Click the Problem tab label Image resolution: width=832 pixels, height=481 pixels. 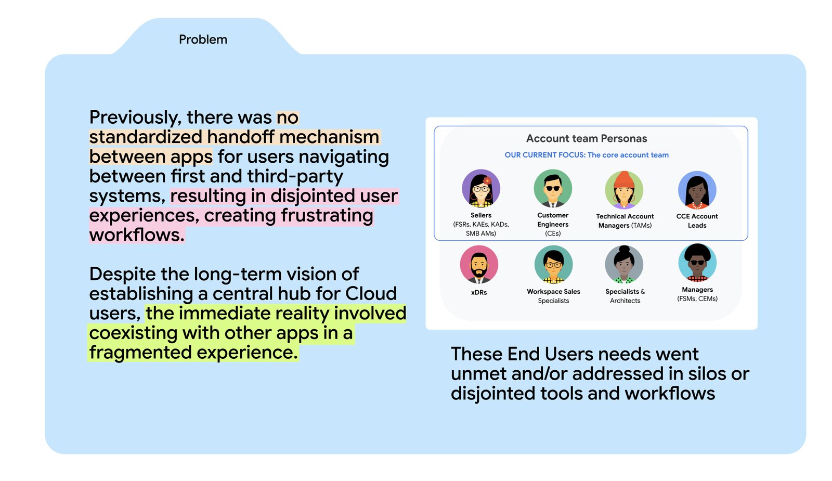203,40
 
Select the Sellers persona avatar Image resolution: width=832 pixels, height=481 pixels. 481,188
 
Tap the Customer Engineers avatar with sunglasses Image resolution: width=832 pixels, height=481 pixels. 553,188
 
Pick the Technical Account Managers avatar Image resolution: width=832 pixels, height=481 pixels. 624,189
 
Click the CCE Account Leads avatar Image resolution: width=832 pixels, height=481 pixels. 697,190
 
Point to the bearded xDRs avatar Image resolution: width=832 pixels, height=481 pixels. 479,265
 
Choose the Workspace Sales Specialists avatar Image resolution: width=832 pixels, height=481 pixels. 553,265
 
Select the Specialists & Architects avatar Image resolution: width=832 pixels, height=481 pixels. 624,265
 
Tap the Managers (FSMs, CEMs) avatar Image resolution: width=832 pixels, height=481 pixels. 697,263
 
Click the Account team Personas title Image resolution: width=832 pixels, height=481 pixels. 587,138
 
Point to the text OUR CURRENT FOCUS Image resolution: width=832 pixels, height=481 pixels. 544,155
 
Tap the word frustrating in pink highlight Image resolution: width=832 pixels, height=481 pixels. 327,215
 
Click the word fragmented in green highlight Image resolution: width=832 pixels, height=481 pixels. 140,353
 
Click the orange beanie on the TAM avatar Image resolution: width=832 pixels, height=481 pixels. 624,180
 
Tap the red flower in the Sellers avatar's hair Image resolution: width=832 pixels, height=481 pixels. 487,180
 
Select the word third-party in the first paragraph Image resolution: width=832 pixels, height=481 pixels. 295,176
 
